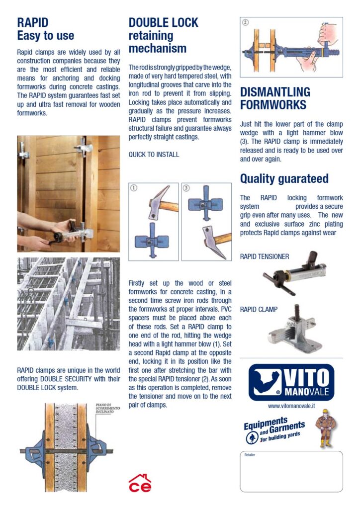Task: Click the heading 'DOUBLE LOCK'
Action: pyautogui.click(x=163, y=23)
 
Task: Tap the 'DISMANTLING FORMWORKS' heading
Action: pyautogui.click(x=275, y=98)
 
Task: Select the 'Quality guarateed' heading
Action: pyautogui.click(x=284, y=178)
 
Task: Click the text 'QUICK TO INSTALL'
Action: pyautogui.click(x=154, y=155)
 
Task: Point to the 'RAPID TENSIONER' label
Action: pyautogui.click(x=265, y=257)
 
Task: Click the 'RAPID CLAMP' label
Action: pyautogui.click(x=259, y=309)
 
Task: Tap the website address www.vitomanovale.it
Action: pyautogui.click(x=291, y=406)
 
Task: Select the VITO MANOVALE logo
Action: pyautogui.click(x=291, y=382)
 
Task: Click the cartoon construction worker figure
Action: pyautogui.click(x=326, y=428)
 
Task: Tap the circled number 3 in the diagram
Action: pyautogui.click(x=186, y=188)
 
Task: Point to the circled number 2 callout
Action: pyautogui.click(x=245, y=22)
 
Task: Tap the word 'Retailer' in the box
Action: pyautogui.click(x=250, y=455)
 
